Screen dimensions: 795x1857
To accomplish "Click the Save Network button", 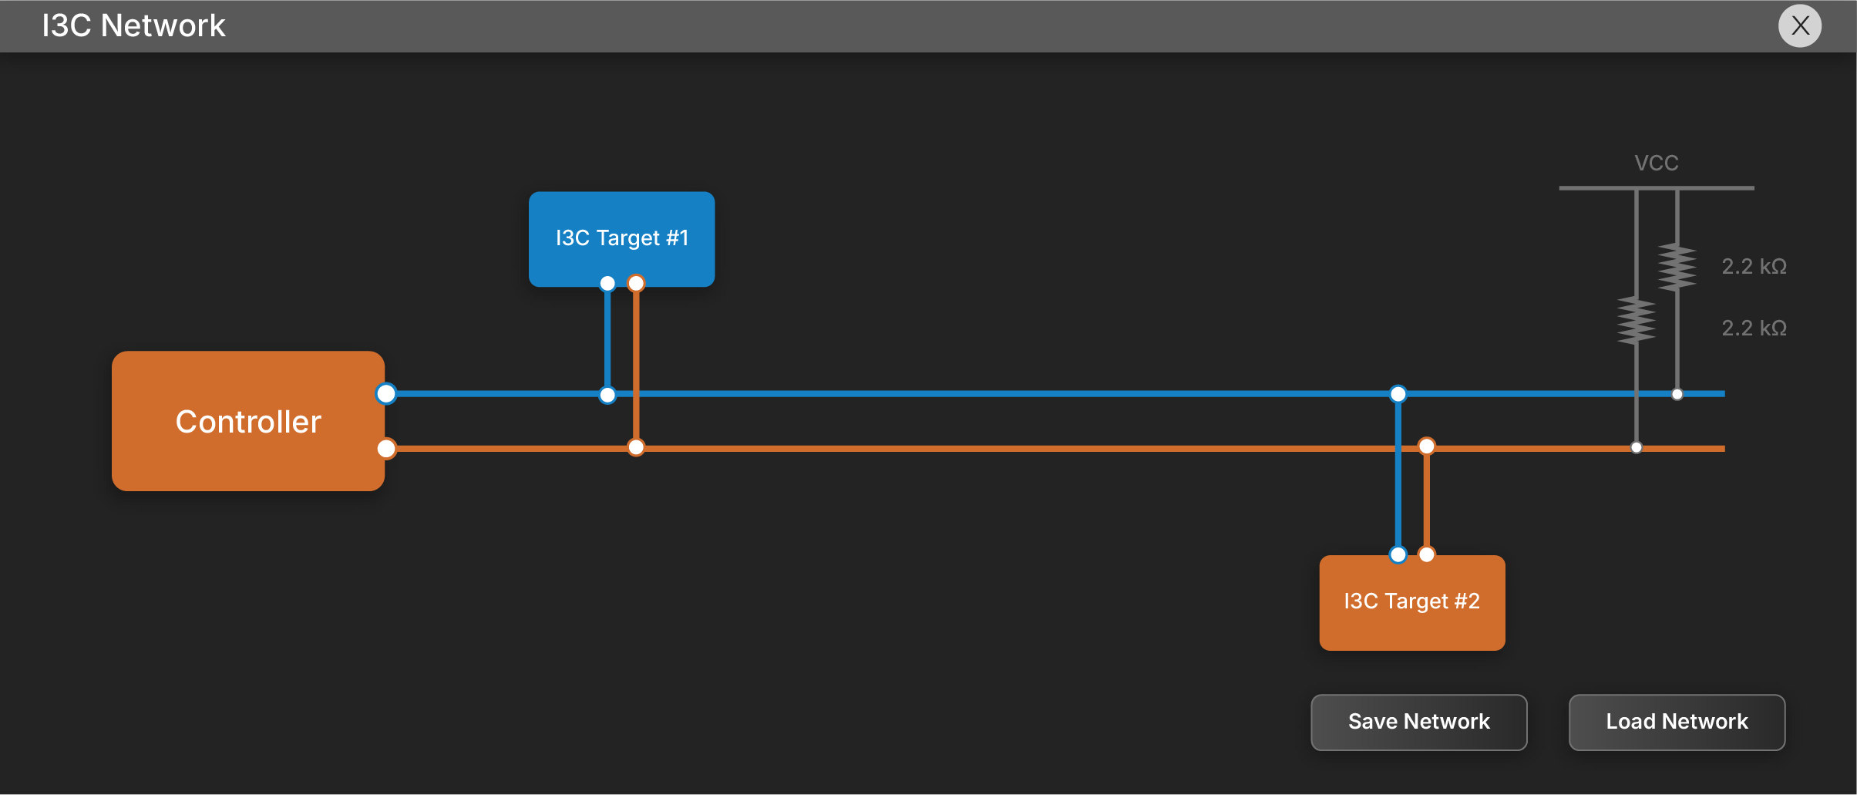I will click(1418, 722).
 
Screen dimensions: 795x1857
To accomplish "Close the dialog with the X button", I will click(1800, 26).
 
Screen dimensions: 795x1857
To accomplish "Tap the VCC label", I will click(1656, 163).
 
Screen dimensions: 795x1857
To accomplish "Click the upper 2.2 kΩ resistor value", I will click(1754, 267).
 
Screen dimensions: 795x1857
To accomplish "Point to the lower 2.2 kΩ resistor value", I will click(1754, 328).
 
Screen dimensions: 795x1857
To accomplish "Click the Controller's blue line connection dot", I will click(386, 394).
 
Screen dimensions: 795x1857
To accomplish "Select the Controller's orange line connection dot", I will click(386, 448).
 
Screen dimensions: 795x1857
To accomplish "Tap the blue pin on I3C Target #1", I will click(607, 284).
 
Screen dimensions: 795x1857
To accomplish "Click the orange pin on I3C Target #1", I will click(636, 284).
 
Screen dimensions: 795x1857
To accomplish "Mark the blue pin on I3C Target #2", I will click(1398, 554).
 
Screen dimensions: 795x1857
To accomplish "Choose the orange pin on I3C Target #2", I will click(1427, 554).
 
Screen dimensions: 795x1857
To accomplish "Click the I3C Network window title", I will click(133, 26).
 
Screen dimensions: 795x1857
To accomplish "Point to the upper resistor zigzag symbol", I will click(1677, 267).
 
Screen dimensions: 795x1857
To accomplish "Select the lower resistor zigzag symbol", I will click(1636, 320).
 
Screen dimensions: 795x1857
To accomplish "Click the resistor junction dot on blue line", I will click(1677, 394).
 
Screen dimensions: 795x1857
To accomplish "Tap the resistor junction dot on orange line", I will click(1636, 447).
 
